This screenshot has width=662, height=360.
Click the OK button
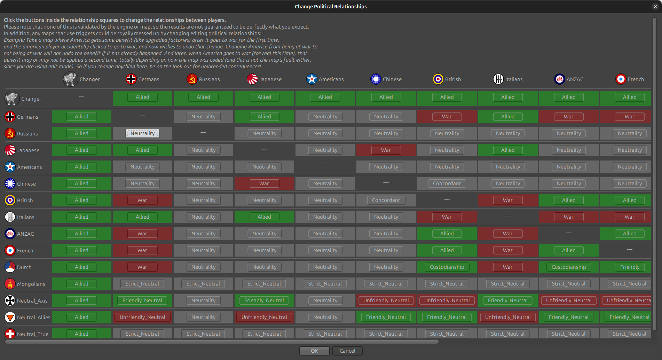tap(314, 351)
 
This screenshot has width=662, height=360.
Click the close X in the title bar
tap(655, 7)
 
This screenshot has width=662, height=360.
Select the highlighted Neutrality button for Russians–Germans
tap(142, 133)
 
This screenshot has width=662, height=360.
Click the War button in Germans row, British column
tap(447, 117)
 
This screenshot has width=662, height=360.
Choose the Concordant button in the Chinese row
tap(447, 183)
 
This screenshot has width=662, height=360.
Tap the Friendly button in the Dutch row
tap(630, 267)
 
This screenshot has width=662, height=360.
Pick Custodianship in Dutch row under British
tap(447, 267)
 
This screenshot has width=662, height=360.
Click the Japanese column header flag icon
tap(252, 79)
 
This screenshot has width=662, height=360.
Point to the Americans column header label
tap(331, 79)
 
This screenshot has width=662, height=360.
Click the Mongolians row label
tap(31, 284)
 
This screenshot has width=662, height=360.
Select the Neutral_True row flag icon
tap(10, 334)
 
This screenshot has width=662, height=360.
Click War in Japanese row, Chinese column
tap(386, 150)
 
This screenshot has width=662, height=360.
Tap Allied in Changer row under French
tap(630, 97)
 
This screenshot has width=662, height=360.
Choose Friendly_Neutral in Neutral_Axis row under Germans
tap(142, 300)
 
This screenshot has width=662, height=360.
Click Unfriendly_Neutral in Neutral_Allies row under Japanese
tap(264, 317)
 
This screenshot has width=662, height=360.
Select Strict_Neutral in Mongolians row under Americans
tap(325, 284)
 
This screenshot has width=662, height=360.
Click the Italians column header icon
tap(498, 79)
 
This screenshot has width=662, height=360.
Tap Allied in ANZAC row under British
tap(447, 234)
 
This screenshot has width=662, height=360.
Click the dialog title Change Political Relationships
tap(331, 7)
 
